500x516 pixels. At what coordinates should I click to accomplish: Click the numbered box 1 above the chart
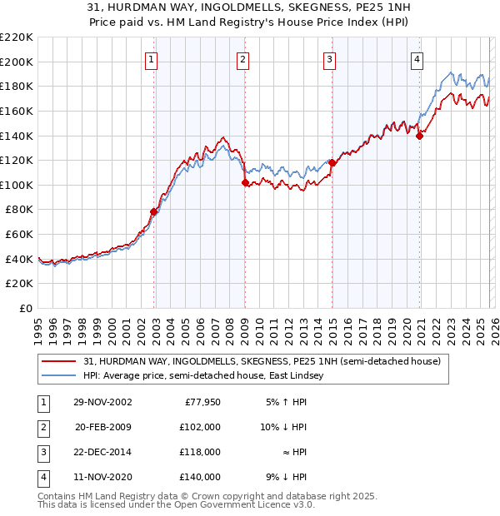pos(152,59)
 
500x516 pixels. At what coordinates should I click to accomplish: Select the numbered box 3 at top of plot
pos(330,59)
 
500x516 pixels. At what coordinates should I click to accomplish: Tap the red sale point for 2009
pos(245,183)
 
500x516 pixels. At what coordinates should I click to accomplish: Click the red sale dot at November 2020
pos(419,136)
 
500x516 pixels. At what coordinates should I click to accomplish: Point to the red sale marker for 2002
pos(154,212)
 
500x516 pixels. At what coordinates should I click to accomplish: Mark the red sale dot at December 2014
pos(332,163)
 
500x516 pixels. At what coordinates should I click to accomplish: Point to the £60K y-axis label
pos(19,235)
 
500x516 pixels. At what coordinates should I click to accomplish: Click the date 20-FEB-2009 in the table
pos(103,427)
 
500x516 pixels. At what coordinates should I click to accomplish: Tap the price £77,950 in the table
pos(200,402)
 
